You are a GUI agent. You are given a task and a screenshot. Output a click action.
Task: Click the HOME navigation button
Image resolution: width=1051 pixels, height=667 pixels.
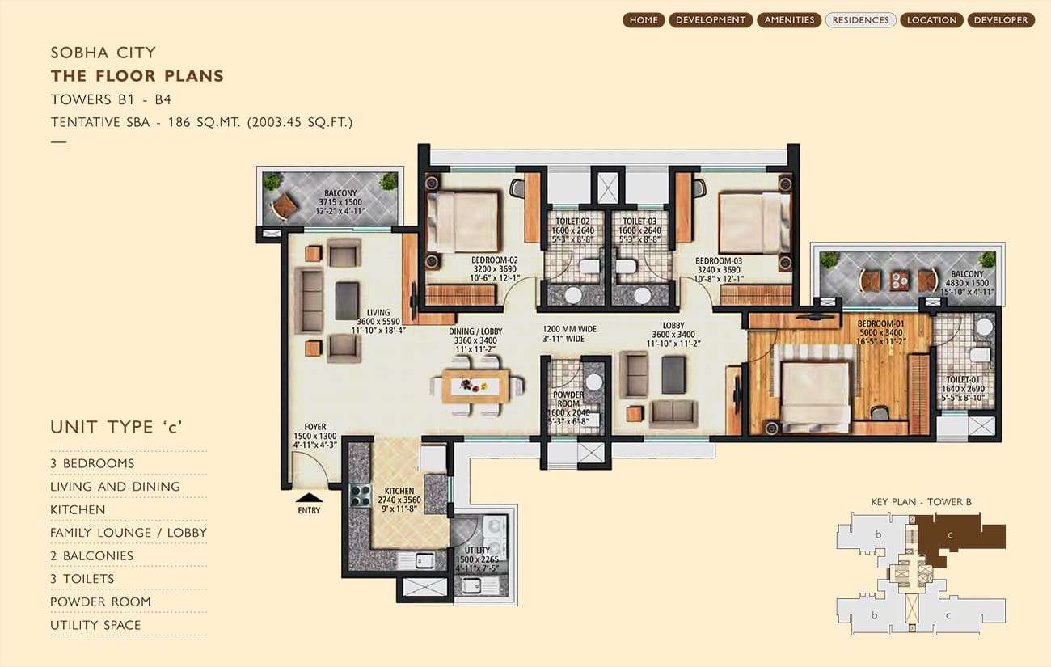pos(644,20)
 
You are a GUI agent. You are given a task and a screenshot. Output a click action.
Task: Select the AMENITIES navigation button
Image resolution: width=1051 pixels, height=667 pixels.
pos(789,20)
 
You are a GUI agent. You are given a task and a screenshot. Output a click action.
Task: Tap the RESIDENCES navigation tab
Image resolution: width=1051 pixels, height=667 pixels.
pos(860,20)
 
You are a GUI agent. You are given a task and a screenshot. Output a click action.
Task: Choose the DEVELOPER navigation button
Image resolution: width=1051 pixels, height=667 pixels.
pos(1001,20)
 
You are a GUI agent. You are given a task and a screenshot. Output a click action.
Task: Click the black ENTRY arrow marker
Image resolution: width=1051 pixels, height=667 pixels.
pos(309,498)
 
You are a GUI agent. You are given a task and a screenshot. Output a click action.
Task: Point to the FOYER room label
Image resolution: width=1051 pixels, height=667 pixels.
pos(314,427)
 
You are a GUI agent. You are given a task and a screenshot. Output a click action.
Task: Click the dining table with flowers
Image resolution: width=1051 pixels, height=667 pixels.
pos(477,386)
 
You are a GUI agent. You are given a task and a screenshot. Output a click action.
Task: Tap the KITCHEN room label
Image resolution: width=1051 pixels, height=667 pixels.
pos(399,491)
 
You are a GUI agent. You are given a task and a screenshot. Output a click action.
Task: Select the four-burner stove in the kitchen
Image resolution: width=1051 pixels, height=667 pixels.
pos(361,496)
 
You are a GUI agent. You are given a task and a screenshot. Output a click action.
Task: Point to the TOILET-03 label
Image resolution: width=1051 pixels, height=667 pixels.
pos(639,222)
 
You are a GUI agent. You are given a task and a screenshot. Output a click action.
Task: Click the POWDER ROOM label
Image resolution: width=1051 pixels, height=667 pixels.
pos(568,399)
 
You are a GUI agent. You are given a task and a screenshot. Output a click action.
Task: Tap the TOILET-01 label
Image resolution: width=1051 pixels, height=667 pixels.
pos(963,379)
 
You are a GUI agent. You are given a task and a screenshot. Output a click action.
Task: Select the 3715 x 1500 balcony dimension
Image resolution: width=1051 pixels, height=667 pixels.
pos(340,202)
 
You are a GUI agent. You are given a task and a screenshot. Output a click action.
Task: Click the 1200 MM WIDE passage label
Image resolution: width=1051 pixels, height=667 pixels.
pos(570,329)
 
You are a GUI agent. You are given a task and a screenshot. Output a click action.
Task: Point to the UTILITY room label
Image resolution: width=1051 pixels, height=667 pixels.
pos(477,551)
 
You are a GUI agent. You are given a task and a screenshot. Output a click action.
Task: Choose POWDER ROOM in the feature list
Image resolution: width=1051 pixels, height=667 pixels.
pos(100,602)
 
